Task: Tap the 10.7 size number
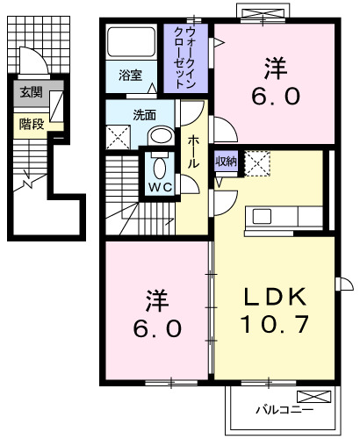(x=274, y=325)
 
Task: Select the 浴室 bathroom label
(x=130, y=76)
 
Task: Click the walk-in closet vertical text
(x=186, y=58)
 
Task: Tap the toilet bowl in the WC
(x=159, y=169)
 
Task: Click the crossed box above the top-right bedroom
(x=262, y=13)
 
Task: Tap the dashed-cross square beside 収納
(x=257, y=162)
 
